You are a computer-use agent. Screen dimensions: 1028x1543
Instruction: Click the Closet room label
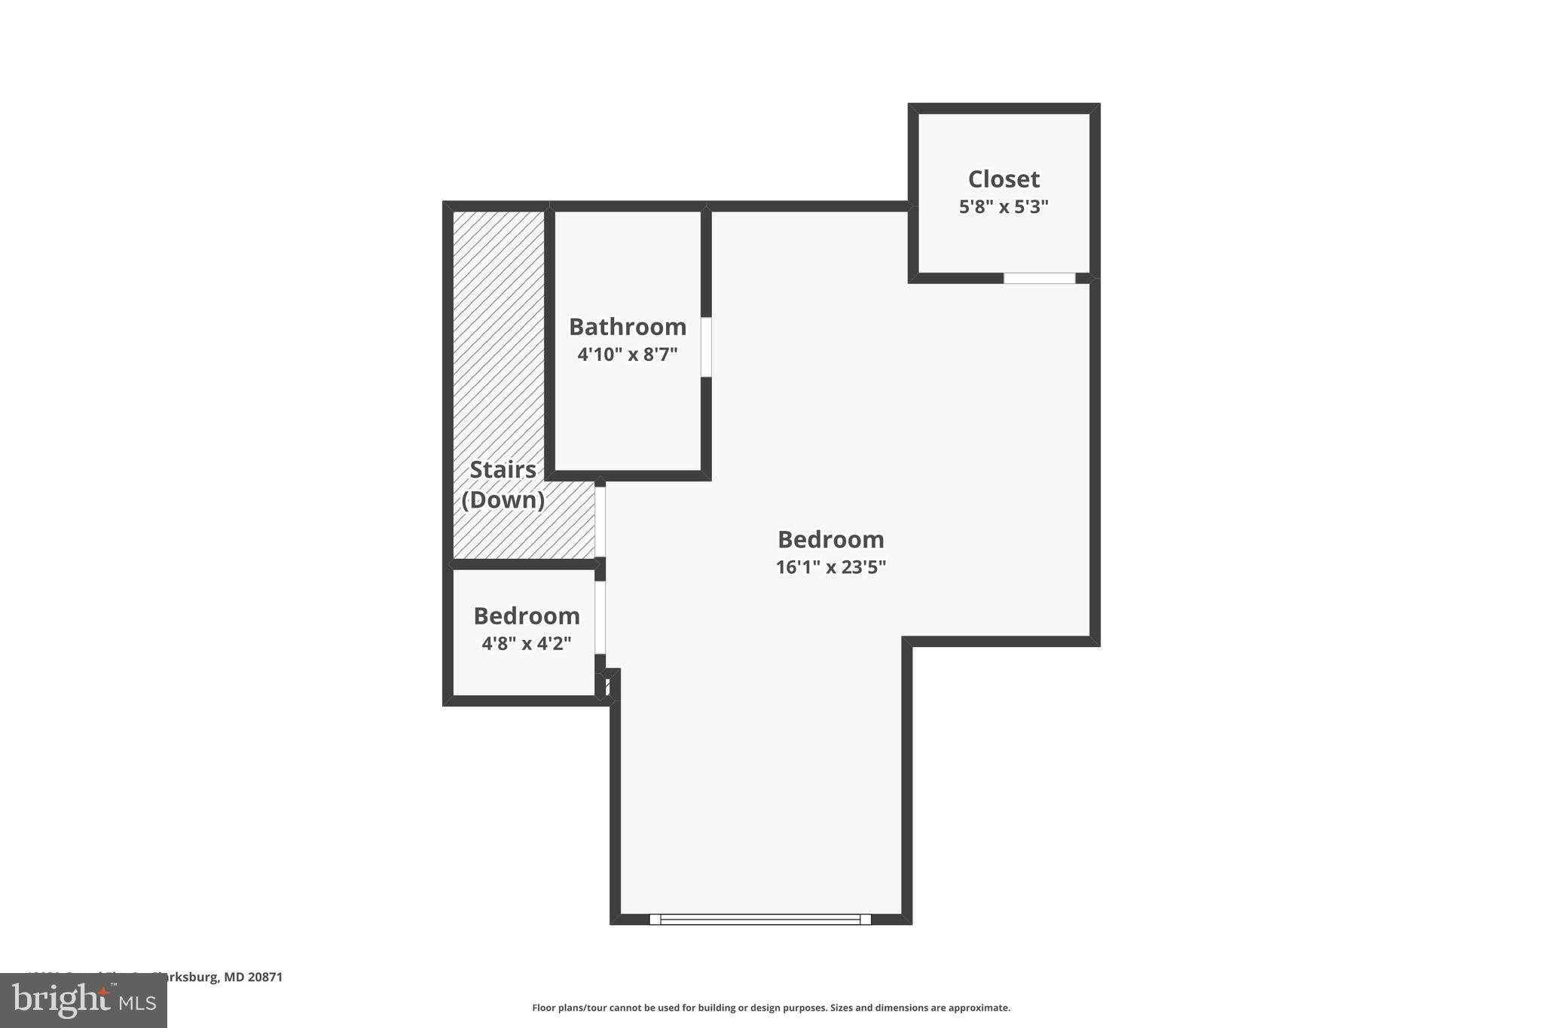tap(1004, 179)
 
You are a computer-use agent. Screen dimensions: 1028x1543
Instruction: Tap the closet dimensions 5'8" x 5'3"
tap(1004, 206)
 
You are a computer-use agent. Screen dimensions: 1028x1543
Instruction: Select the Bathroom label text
tap(628, 327)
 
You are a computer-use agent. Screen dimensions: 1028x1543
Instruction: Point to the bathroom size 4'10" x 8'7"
tap(628, 354)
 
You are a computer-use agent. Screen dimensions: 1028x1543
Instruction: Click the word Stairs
tap(503, 470)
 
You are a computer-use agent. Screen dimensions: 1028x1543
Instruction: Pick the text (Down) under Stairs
tap(503, 500)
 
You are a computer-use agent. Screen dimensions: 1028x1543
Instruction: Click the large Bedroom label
tap(830, 539)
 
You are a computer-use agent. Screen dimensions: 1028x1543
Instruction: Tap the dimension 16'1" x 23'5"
tap(830, 567)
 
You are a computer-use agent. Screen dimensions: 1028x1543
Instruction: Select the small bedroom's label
tap(527, 616)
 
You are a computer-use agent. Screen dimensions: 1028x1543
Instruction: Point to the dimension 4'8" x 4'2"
tap(527, 644)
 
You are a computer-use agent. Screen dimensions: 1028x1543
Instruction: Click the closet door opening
tap(1039, 279)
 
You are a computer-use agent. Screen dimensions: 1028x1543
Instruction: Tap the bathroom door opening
tap(706, 347)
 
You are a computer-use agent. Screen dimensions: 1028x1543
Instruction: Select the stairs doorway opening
tap(600, 522)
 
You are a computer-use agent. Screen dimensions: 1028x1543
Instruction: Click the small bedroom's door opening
tap(600, 617)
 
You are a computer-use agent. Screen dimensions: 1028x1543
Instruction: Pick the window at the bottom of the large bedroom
tap(760, 919)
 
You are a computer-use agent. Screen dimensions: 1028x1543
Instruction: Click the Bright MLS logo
tap(84, 1001)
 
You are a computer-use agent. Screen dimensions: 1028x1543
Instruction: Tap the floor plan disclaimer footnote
tap(771, 1008)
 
